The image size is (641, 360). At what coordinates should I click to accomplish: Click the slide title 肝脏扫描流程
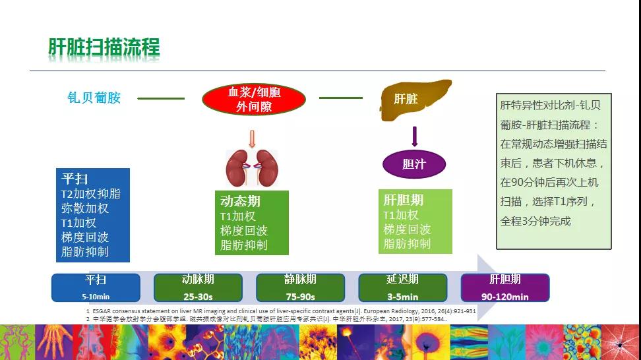click(104, 47)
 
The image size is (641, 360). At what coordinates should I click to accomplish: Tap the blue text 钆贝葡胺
click(94, 98)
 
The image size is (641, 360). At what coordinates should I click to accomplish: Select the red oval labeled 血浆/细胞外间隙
click(254, 99)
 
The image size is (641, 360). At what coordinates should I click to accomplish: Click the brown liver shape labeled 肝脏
click(413, 98)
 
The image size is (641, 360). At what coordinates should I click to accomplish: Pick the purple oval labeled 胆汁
click(414, 164)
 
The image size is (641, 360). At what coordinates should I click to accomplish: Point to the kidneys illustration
click(250, 169)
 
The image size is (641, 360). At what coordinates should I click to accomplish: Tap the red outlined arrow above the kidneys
click(251, 139)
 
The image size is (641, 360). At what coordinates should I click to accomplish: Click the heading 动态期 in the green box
click(240, 200)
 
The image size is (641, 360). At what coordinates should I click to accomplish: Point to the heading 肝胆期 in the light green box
click(403, 199)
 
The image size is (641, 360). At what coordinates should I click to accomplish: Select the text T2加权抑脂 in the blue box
click(91, 194)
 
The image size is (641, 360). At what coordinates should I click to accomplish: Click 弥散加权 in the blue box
click(85, 208)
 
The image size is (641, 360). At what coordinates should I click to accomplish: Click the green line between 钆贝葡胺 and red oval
click(161, 98)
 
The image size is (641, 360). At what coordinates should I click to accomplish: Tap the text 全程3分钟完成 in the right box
click(535, 221)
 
